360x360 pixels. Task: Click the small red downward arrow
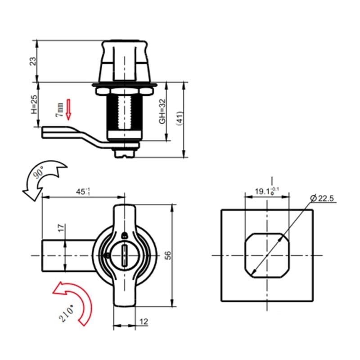(x=68, y=109)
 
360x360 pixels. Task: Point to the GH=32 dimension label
(x=163, y=111)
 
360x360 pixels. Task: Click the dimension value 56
(x=168, y=255)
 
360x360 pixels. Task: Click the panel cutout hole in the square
(x=266, y=255)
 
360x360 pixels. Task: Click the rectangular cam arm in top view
(x=67, y=256)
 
